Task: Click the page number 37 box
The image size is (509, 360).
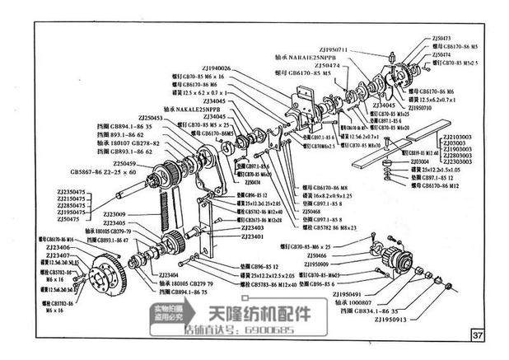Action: point(479,334)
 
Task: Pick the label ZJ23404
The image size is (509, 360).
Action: point(167,275)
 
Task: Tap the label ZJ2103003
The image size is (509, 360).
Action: point(458,137)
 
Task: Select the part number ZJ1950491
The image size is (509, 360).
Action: point(356,292)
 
